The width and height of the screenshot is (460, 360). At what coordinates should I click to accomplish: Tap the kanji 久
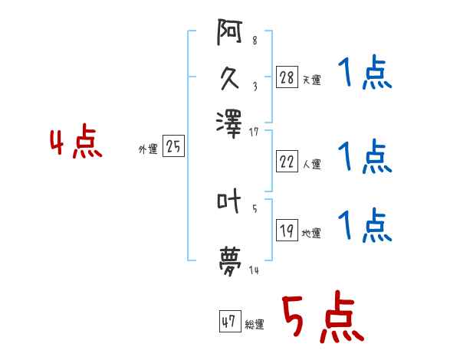(x=230, y=78)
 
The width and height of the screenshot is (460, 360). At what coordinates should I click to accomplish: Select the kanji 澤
(x=230, y=121)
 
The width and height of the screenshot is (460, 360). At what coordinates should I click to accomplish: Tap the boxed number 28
(x=287, y=77)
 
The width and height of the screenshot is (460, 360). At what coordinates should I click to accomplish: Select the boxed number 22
(x=287, y=161)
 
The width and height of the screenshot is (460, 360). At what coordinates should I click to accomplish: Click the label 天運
(x=312, y=80)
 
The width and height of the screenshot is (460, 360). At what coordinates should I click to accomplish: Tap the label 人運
(x=312, y=163)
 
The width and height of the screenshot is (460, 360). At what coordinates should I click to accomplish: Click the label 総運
(x=255, y=325)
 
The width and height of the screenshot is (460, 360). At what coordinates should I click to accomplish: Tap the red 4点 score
(x=76, y=143)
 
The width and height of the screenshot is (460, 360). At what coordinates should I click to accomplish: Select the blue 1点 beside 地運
(x=365, y=225)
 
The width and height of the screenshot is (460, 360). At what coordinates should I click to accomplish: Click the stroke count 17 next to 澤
(x=254, y=132)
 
